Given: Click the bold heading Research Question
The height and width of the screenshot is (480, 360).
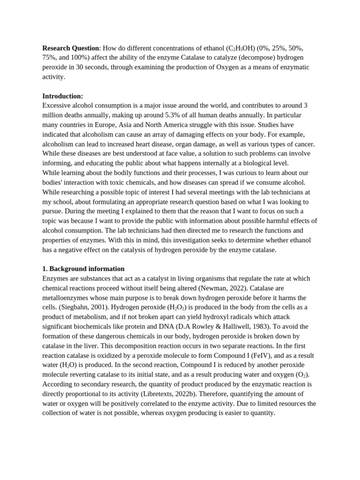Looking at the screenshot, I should click(x=71, y=48).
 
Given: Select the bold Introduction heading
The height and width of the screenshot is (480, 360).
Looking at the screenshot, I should click(x=62, y=96).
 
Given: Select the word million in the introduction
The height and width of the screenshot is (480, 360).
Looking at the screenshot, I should click(x=53, y=115).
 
